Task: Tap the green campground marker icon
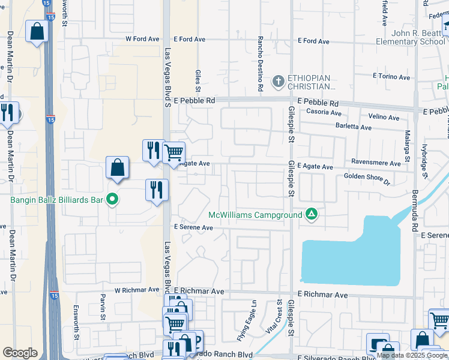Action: pos(311,214)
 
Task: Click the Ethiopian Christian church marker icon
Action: pos(278,81)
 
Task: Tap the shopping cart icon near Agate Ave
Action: pos(174,153)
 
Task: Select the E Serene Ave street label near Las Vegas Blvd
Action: pos(193,227)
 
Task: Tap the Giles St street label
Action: pos(197,77)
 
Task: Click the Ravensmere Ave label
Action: pos(376,163)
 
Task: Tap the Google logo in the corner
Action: pos(20,353)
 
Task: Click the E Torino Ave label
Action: pos(391,77)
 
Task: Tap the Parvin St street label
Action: pos(103,310)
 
